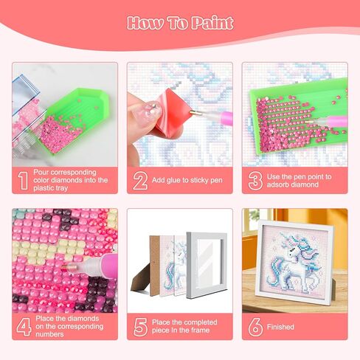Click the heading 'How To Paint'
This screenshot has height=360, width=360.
(179, 22)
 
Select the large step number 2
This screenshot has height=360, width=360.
(139, 179)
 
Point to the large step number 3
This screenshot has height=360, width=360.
(255, 179)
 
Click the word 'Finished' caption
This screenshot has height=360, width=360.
(283, 326)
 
